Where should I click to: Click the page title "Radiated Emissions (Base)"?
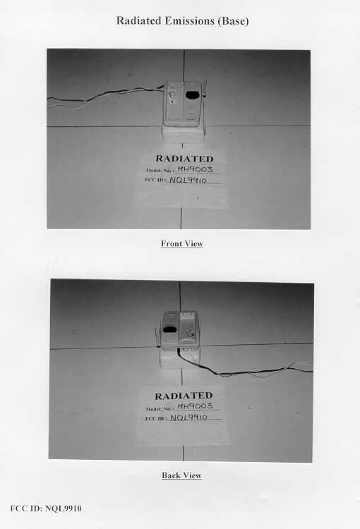(x=182, y=21)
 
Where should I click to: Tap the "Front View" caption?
(x=181, y=243)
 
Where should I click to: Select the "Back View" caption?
(x=181, y=475)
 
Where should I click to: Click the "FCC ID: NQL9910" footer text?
(x=46, y=508)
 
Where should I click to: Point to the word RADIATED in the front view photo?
(x=184, y=159)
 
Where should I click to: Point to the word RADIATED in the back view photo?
(x=184, y=396)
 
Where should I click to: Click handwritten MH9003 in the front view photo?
(x=196, y=169)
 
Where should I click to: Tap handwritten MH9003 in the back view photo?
(x=196, y=406)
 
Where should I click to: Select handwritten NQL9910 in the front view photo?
(x=188, y=180)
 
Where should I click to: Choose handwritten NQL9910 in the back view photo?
(x=188, y=418)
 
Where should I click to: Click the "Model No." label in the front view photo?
(x=160, y=171)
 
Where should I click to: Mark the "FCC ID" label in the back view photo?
(x=156, y=418)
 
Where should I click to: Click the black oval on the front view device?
(x=193, y=95)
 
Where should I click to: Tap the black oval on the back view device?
(x=170, y=329)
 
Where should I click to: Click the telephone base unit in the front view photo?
(x=184, y=104)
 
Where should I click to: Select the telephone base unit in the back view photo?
(x=180, y=330)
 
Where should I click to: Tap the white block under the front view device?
(x=184, y=134)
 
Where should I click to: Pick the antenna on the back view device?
(x=157, y=336)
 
